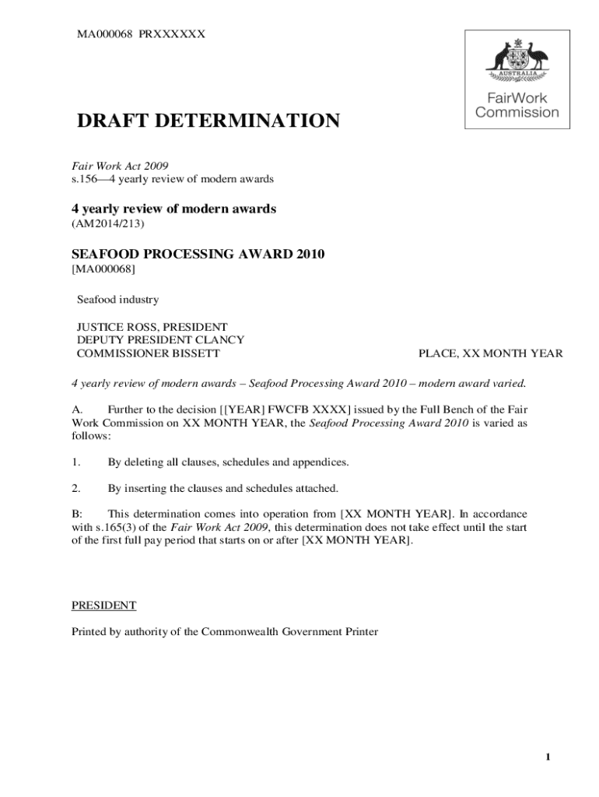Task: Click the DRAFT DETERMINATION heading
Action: [x=207, y=121]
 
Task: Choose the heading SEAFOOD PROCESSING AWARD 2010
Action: [x=198, y=255]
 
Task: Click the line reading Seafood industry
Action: [x=117, y=299]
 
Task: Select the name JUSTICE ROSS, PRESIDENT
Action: [x=152, y=326]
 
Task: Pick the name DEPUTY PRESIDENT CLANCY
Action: [x=160, y=339]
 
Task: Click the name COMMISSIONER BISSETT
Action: [x=148, y=353]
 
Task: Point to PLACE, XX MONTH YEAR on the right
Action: [x=490, y=353]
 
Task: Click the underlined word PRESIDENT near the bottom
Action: [x=104, y=605]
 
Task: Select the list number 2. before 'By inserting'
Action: [x=76, y=488]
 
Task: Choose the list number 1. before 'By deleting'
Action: [x=76, y=462]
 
